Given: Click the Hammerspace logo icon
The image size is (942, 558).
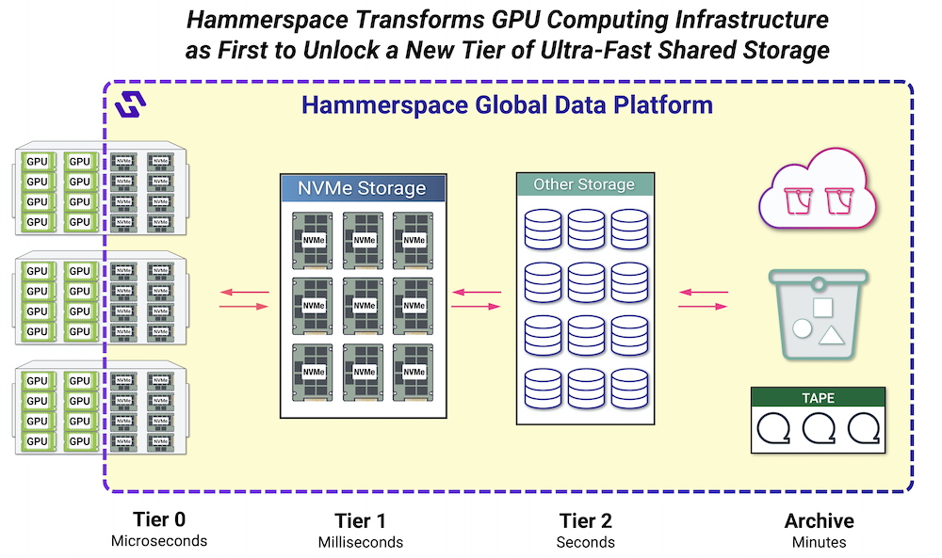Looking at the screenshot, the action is point(130,104).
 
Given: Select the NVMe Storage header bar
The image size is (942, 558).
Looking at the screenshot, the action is point(363,188).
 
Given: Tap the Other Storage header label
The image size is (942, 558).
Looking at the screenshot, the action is point(585,184).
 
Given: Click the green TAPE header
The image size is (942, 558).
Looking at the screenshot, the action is point(818,397).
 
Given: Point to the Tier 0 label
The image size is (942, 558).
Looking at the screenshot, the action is point(159,519).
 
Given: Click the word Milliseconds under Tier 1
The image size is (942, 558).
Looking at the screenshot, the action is point(361,542).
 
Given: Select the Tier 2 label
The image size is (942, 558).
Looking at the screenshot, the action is point(586,520).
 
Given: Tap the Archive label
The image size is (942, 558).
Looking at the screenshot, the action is point(819,520).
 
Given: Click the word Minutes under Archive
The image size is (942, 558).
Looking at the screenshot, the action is point(819,542).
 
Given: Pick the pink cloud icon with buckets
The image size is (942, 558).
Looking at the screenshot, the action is point(817,189).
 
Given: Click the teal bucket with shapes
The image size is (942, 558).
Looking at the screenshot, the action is point(819,314).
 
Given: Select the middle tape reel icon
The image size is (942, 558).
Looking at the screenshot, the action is point(819,428).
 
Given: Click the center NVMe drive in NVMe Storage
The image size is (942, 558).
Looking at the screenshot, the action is point(364,306).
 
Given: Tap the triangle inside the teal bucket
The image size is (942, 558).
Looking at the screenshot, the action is point(832,335).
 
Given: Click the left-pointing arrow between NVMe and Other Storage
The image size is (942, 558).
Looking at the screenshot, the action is point(477,293).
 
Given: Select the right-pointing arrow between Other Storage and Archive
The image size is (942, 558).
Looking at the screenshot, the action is point(703,307).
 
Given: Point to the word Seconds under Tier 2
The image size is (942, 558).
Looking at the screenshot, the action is point(586,542).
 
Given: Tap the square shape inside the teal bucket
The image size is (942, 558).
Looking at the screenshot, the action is point(822,307).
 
